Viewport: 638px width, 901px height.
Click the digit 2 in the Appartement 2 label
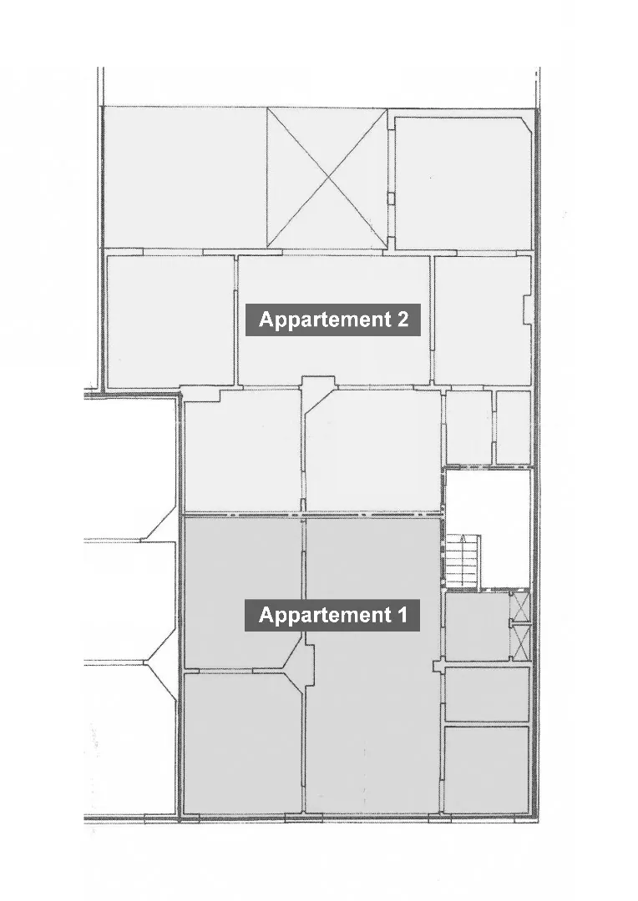(403, 319)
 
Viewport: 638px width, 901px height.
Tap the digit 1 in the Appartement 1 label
(402, 615)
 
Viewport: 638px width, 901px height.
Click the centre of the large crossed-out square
(327, 179)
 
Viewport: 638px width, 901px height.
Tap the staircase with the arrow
(463, 561)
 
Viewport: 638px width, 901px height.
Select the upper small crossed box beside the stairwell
(519, 607)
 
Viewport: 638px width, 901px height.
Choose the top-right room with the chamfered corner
(463, 183)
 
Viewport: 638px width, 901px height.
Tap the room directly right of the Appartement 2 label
(482, 320)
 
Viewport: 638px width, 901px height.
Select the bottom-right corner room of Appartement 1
(487, 770)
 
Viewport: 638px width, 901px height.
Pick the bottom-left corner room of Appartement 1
(242, 742)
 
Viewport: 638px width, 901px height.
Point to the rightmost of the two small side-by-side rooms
(514, 427)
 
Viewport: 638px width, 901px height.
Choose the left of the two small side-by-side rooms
(468, 427)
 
